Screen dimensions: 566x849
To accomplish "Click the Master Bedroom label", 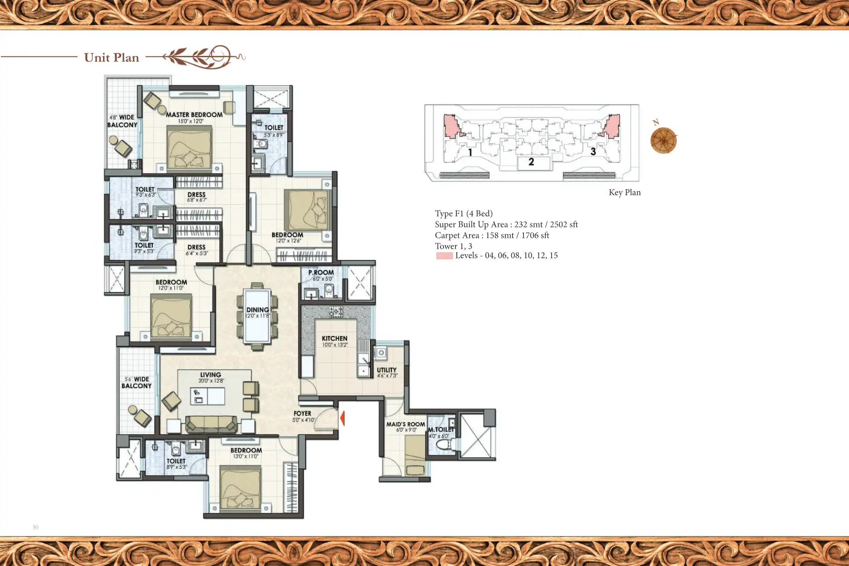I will coord(194,115).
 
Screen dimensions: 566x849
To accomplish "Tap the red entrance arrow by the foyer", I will coord(342,418).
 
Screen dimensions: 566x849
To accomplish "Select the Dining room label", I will coord(257,310).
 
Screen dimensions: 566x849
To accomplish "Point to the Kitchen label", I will coord(335,339).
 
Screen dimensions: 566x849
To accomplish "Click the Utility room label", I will coord(386,370).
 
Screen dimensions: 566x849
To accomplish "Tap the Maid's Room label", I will coord(405,424).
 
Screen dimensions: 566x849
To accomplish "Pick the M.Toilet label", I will coord(441,430).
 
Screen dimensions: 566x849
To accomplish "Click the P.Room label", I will coord(321,273).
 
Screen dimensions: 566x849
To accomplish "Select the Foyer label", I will coord(302,413).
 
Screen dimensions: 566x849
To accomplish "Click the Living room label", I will coord(210,375).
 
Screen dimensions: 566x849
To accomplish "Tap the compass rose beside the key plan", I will coord(663,140).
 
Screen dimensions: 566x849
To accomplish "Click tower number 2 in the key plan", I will coord(531,162).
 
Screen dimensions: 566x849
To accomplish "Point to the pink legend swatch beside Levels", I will coord(444,256).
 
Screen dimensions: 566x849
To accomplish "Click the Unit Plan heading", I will coord(111,58).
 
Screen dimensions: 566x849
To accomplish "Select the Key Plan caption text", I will coord(624,192).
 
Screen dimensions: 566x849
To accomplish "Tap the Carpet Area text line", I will coord(492,236).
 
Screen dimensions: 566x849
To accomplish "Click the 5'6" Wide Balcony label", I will coord(136,383).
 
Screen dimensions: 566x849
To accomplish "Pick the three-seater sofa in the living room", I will coord(211,424).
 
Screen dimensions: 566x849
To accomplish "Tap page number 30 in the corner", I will coord(35,527).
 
